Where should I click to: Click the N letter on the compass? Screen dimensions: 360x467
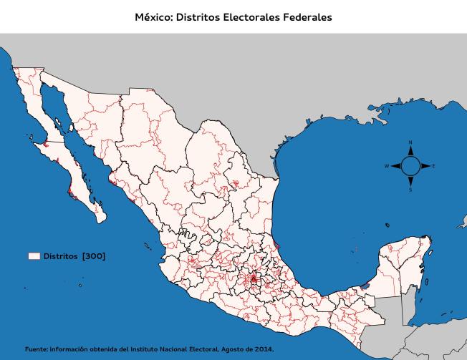(x=410, y=143)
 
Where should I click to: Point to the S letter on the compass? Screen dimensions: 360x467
(x=410, y=190)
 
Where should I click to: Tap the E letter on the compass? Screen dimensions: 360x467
(x=434, y=166)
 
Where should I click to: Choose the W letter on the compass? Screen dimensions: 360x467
(x=387, y=166)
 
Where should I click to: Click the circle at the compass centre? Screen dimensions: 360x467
(x=410, y=166)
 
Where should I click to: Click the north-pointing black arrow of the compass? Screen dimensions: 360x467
(x=410, y=152)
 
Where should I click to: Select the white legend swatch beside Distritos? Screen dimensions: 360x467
(x=34, y=256)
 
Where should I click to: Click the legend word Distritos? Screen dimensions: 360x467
(x=60, y=256)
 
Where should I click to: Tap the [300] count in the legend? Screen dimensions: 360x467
(x=94, y=256)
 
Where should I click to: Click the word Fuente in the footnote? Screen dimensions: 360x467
(x=35, y=349)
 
